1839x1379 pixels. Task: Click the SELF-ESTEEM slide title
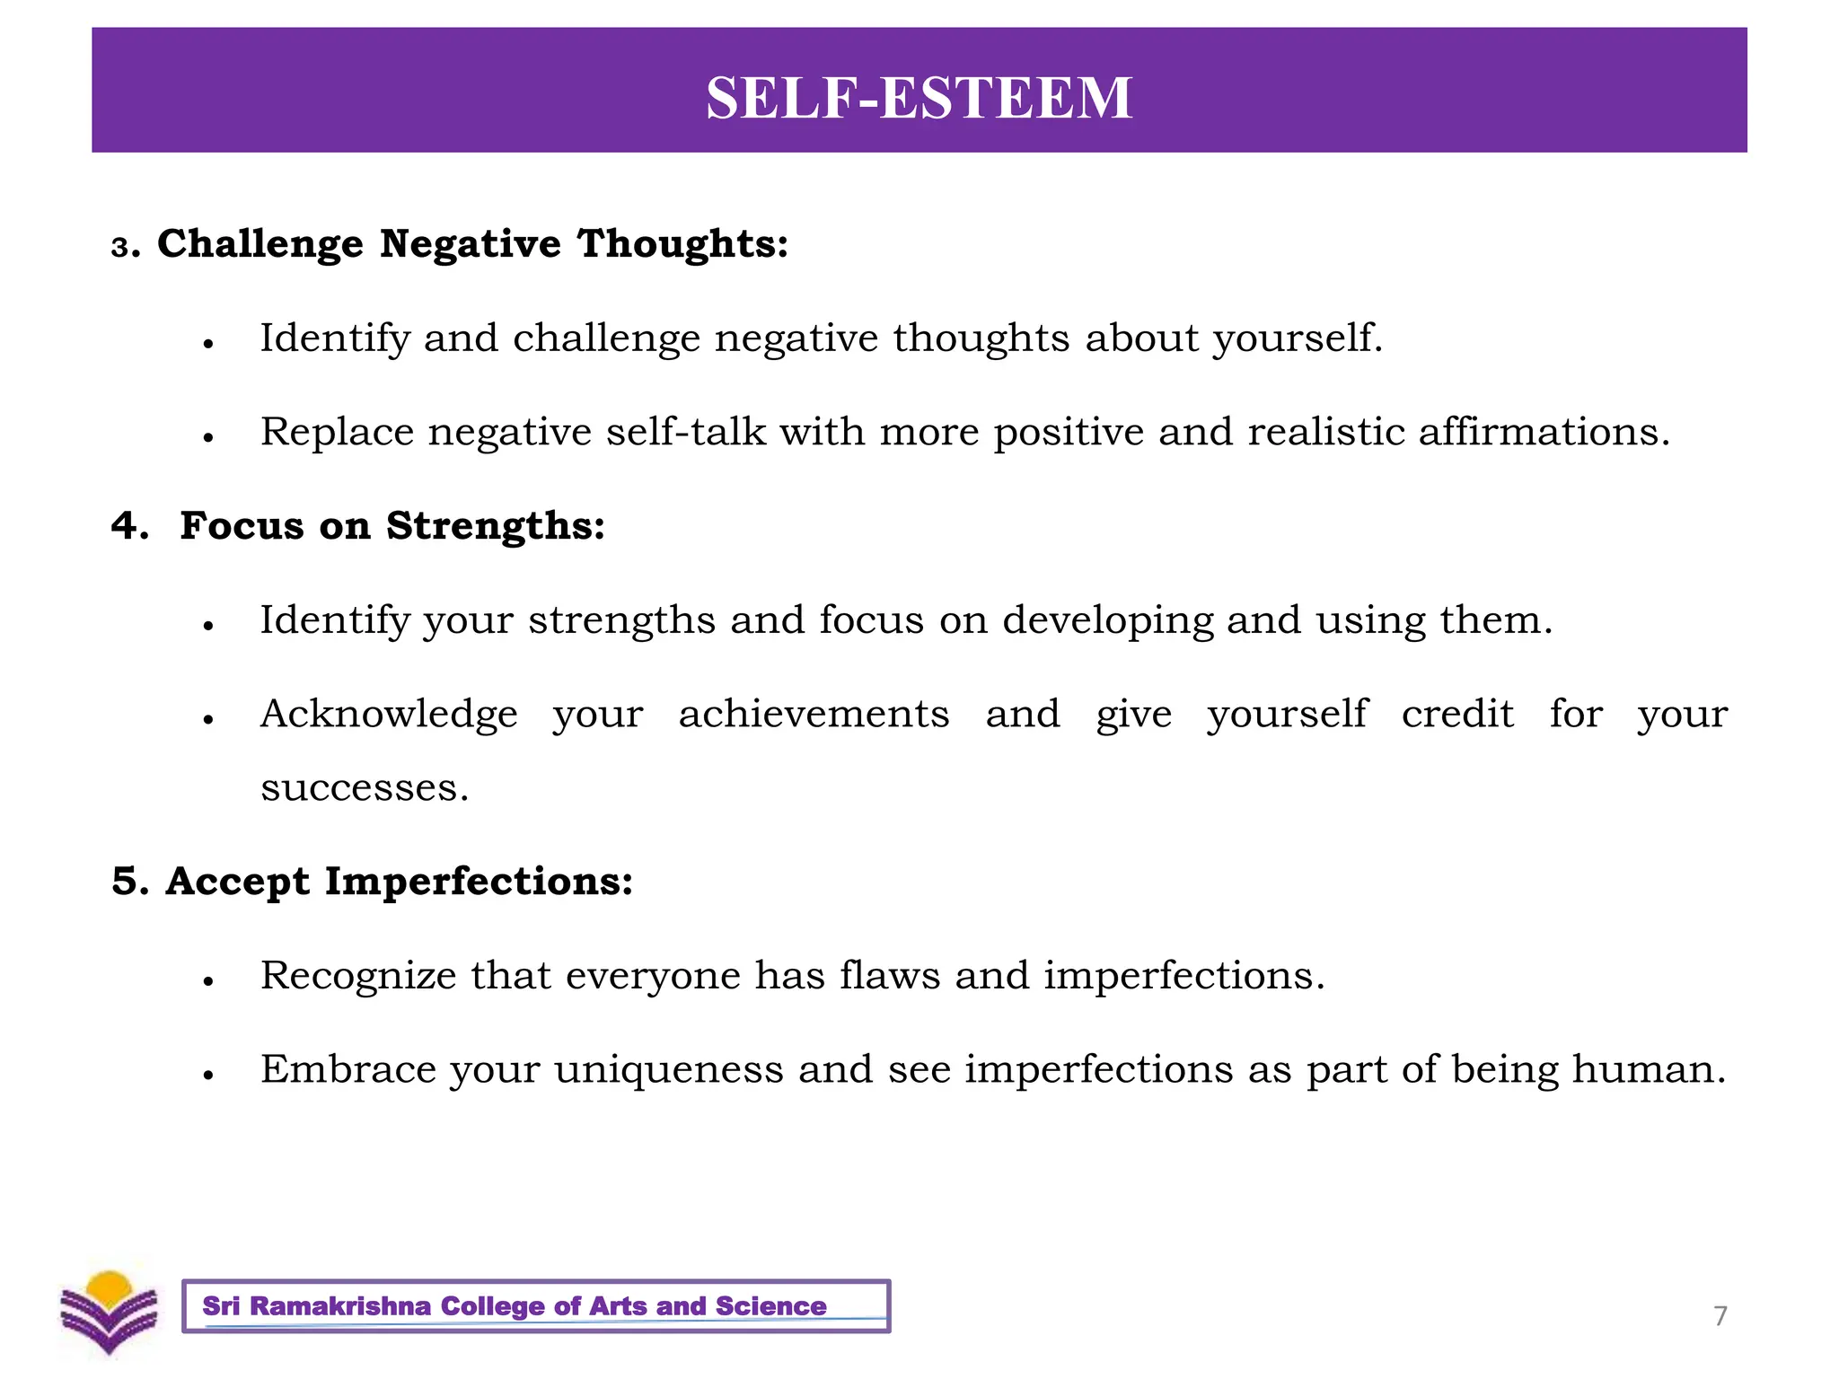(x=919, y=97)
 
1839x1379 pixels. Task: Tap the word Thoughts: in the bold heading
(x=682, y=244)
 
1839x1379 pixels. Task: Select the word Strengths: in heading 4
(x=496, y=526)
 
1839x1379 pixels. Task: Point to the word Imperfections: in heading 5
(x=479, y=882)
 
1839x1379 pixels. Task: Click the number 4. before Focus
(x=129, y=526)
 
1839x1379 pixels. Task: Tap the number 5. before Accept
(x=129, y=882)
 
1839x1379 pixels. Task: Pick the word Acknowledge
(x=389, y=715)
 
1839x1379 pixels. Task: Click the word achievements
(x=814, y=715)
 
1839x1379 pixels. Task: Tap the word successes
(x=364, y=788)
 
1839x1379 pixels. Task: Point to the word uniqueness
(x=668, y=1069)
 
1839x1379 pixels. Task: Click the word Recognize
(x=358, y=976)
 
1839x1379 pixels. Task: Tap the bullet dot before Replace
(x=208, y=438)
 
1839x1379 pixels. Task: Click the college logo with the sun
(x=110, y=1312)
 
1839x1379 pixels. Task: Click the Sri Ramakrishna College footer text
(x=515, y=1306)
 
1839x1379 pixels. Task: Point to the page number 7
(x=1720, y=1316)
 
